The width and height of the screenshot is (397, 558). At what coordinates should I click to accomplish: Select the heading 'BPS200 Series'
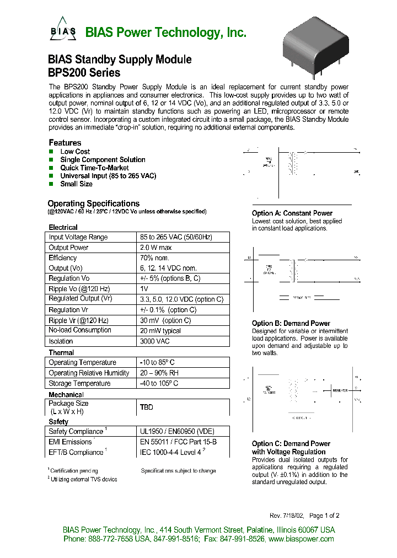pos(84,72)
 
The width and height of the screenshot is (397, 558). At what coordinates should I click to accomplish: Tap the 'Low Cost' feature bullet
pos(75,152)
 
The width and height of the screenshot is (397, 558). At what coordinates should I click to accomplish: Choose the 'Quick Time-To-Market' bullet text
pos(94,168)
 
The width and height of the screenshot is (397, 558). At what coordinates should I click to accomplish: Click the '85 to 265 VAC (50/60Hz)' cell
pos(176,237)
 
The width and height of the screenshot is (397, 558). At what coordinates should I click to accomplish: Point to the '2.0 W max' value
pos(156,248)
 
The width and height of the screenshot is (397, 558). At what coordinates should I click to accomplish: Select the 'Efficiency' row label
pos(63,257)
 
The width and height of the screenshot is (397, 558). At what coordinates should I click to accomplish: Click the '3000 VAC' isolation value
pos(155,341)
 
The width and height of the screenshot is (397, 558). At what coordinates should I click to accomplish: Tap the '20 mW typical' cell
pos(161,330)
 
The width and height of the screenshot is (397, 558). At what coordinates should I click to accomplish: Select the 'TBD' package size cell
pos(147,407)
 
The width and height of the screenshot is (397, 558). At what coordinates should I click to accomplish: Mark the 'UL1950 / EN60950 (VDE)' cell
pos(176,431)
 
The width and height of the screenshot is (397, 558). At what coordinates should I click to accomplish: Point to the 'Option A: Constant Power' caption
pos(292,213)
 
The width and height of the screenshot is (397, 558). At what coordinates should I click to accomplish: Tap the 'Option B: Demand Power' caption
pos(291,324)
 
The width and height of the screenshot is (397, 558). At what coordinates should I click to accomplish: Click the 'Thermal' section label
pos(61,352)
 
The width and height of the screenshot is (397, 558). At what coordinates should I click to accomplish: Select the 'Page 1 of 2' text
pos(324,516)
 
